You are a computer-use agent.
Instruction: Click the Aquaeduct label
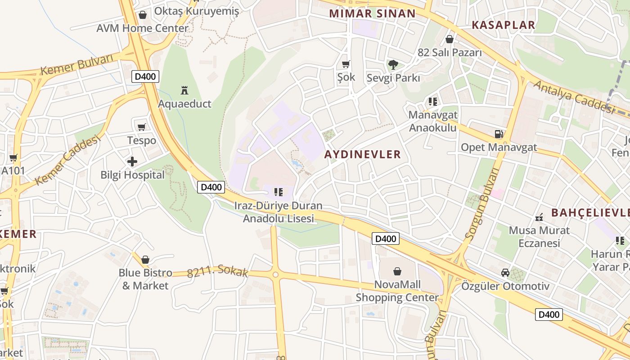click(184, 104)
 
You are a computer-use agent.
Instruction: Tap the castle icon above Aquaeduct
click(184, 90)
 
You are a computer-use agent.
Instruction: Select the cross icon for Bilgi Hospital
click(132, 161)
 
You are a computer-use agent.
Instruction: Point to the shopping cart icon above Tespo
click(142, 127)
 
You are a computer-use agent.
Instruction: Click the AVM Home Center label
click(142, 28)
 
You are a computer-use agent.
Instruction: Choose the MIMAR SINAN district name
click(372, 13)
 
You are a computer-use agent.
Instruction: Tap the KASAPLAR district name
click(503, 25)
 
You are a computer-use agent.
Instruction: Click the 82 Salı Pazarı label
click(450, 53)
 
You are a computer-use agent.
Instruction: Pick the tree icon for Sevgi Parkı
click(393, 64)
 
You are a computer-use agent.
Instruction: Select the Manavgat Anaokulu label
click(432, 121)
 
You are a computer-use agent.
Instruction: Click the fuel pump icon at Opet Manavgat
click(499, 134)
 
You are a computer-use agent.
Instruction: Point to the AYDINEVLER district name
click(362, 154)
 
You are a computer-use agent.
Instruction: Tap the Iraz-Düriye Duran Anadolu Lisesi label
click(279, 212)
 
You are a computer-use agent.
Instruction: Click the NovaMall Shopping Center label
click(397, 291)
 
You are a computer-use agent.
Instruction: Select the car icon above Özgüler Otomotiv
click(505, 273)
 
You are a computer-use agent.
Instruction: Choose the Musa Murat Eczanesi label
click(539, 237)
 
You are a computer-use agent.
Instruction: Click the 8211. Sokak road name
click(217, 271)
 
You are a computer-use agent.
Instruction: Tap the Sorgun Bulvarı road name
click(482, 202)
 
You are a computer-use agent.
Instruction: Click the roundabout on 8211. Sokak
click(275, 274)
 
